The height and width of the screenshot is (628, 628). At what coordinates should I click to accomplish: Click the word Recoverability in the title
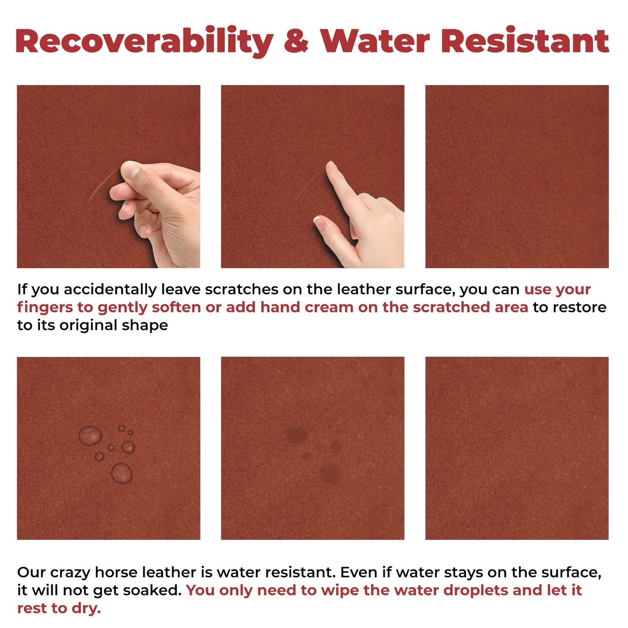click(x=144, y=42)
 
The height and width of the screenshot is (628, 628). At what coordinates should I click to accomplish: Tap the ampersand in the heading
click(x=296, y=41)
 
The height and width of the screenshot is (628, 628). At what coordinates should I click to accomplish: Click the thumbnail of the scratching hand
click(x=108, y=177)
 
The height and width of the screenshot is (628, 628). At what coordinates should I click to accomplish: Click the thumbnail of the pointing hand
click(x=312, y=177)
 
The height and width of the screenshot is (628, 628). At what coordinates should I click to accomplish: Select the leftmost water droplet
click(x=90, y=436)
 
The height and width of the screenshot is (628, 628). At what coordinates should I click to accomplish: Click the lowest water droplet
click(x=122, y=473)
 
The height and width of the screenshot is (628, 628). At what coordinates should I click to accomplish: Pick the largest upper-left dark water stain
click(x=298, y=434)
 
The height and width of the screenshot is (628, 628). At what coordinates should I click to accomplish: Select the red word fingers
click(x=45, y=308)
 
